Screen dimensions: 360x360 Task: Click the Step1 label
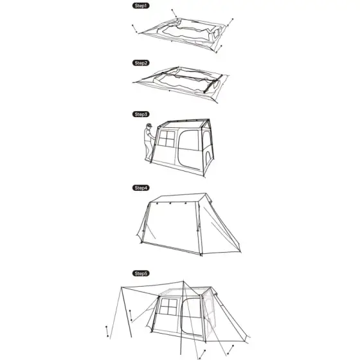point(141,6)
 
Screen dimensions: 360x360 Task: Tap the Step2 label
point(141,63)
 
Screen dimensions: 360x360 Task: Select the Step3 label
point(141,114)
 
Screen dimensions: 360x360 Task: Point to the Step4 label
point(141,188)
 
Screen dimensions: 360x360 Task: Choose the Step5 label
point(141,273)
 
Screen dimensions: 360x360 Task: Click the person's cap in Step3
point(149,125)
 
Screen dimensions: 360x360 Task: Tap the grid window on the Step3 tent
point(166,139)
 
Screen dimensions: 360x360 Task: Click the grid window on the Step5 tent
point(168,307)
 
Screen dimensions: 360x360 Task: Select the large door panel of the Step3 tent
point(189,149)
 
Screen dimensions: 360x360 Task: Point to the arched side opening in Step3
point(208,159)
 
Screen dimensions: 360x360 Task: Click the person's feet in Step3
point(148,159)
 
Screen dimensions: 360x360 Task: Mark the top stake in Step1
point(174,13)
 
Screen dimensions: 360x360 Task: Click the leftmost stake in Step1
point(134,28)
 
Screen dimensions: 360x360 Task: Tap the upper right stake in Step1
point(230,22)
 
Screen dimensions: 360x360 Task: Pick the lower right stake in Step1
point(219,49)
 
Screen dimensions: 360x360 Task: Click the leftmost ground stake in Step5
point(107,331)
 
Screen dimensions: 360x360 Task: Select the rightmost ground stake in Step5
point(230,350)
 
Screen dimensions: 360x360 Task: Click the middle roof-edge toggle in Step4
point(170,203)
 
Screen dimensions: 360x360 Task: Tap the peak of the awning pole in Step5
point(183,281)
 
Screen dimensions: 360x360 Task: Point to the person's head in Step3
point(149,126)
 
